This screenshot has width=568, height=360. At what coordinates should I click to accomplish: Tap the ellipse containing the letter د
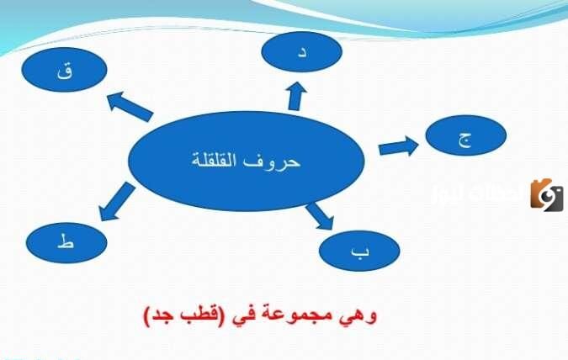click(x=301, y=53)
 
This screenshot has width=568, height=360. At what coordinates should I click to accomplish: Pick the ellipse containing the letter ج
click(x=465, y=136)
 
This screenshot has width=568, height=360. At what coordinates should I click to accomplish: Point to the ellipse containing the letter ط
click(x=67, y=243)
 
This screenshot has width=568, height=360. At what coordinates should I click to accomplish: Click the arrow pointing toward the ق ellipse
click(x=130, y=107)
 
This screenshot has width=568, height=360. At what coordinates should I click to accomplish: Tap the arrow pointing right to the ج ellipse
click(x=397, y=147)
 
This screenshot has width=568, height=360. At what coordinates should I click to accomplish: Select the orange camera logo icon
click(x=546, y=195)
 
